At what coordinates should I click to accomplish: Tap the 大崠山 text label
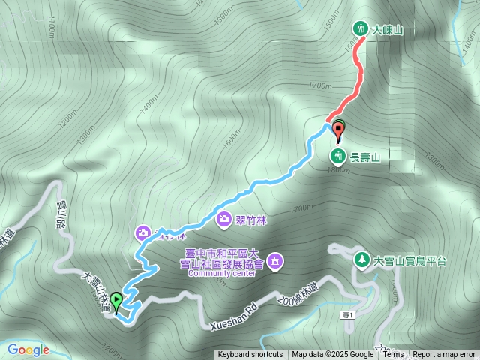tap(388, 30)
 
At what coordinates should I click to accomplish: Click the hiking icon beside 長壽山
tap(338, 156)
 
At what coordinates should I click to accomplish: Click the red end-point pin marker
tap(337, 131)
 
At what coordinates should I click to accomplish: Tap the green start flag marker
tap(116, 301)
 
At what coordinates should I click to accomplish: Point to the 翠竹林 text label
tap(251, 219)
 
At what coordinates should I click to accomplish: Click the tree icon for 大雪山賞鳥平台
tap(361, 260)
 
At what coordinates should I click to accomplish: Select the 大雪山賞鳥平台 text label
tap(410, 261)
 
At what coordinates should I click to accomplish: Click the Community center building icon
tap(275, 259)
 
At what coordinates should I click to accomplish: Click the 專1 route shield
tap(346, 313)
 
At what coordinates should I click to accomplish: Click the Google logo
tap(28, 349)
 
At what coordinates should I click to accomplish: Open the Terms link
tap(393, 355)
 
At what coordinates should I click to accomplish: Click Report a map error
tap(444, 355)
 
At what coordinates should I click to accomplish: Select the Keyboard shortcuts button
tap(250, 355)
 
